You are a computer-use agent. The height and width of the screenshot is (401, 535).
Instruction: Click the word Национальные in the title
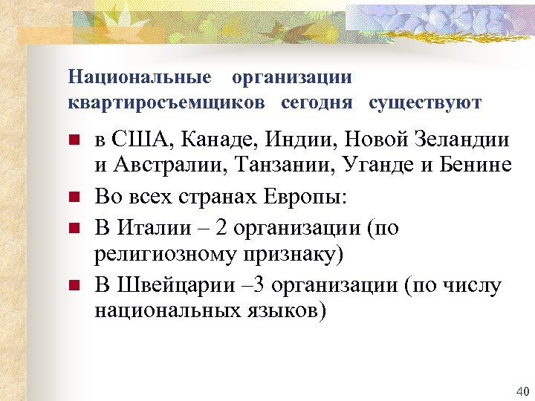pos(139,77)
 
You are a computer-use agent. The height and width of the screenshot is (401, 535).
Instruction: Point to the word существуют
pos(425,102)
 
